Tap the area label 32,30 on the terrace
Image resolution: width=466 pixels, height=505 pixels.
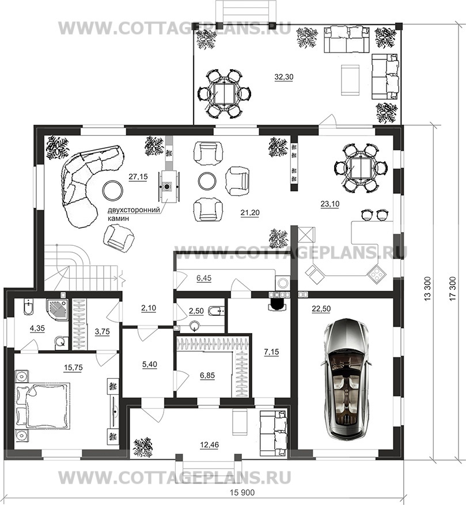point(284,77)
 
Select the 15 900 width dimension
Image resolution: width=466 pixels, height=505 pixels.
point(243,493)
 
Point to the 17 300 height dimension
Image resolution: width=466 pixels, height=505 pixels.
point(453,289)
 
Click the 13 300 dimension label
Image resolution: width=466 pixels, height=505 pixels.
point(427,289)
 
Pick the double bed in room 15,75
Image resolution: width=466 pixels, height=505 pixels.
point(43,406)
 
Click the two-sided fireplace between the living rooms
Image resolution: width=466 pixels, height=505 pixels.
point(167,186)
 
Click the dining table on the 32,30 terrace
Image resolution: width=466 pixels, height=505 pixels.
point(225,93)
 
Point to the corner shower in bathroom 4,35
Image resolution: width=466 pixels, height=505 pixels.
point(58,309)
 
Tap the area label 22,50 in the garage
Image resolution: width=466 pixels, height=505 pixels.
point(321,309)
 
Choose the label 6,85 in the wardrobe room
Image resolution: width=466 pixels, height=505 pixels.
point(207,375)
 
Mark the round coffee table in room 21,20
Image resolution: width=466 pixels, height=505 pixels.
point(207,182)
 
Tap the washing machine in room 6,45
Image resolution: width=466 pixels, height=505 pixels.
point(282,283)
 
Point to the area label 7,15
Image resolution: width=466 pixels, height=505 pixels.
point(271,352)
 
